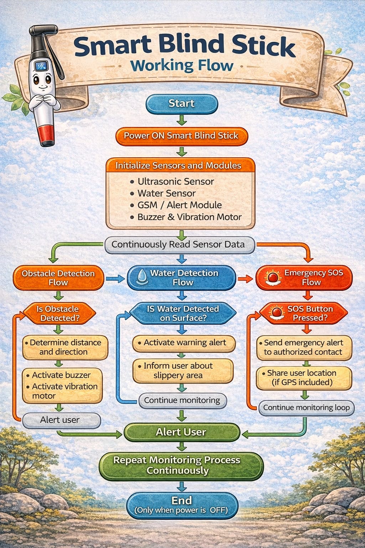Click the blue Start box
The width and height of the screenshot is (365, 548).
[x=182, y=104]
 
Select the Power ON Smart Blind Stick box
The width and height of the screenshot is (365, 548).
[x=181, y=136]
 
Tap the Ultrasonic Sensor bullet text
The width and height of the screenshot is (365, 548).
[x=176, y=181]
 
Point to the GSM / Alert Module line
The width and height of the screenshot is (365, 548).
[x=179, y=205]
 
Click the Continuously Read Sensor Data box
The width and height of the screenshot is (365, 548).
[x=179, y=245]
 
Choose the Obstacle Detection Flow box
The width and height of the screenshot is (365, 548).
[x=58, y=278]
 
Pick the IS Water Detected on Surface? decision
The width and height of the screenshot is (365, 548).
[x=183, y=313]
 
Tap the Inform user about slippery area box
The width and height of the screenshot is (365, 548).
[x=183, y=370]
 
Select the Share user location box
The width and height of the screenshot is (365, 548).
[x=304, y=377]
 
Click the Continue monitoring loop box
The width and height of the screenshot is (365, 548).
[x=306, y=408]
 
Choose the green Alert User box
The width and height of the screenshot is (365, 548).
[x=181, y=432]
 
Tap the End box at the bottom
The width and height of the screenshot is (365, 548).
[x=182, y=504]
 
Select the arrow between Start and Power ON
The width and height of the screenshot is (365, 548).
[x=182, y=120]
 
